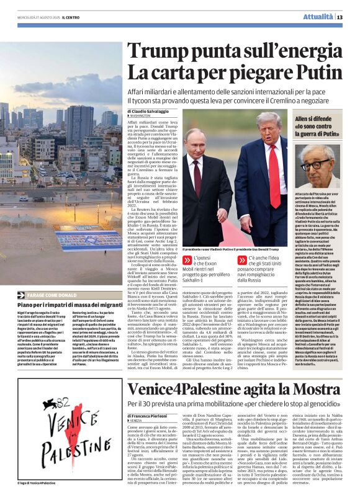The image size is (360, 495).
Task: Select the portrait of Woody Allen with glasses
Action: coord(316,168)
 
